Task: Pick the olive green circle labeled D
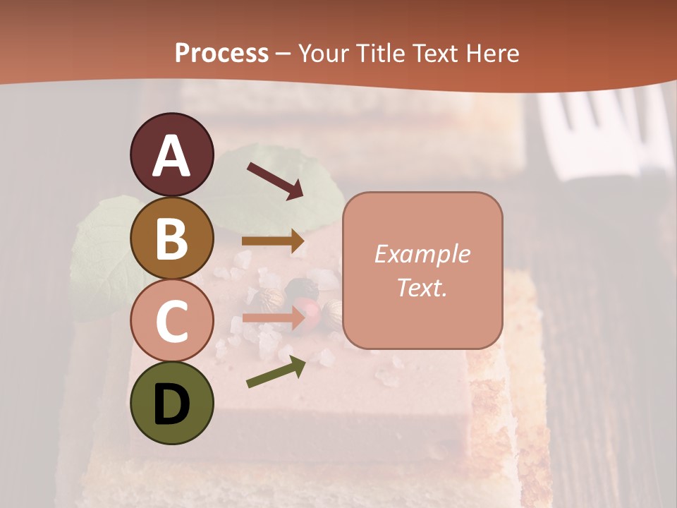click(x=171, y=403)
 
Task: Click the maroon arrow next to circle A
click(x=274, y=181)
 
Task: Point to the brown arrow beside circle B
click(x=273, y=241)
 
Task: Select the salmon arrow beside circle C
click(x=273, y=317)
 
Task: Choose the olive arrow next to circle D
click(x=276, y=372)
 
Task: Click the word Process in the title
click(x=221, y=53)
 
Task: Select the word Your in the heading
click(x=324, y=53)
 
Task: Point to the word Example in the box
click(x=422, y=254)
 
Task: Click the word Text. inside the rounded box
click(x=422, y=287)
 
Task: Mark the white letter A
click(x=172, y=157)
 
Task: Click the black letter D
click(x=172, y=404)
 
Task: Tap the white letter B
click(x=172, y=238)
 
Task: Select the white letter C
click(x=172, y=321)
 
